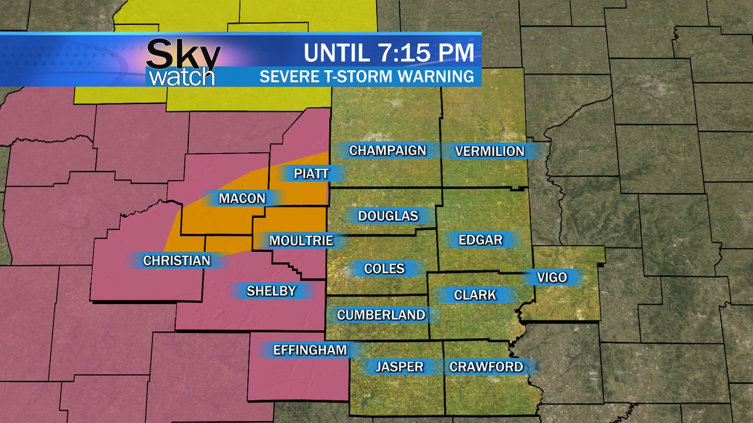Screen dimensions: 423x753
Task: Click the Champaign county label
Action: click(387, 150)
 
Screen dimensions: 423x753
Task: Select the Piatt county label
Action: click(311, 174)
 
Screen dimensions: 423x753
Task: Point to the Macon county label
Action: click(242, 199)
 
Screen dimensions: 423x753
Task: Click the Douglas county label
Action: click(388, 216)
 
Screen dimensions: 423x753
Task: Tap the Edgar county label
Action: click(481, 239)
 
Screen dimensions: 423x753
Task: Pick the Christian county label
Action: click(176, 261)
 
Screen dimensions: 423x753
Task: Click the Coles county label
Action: click(384, 269)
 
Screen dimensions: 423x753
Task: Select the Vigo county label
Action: click(552, 277)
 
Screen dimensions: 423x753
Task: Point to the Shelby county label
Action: click(271, 291)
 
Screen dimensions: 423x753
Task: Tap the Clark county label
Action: click(475, 295)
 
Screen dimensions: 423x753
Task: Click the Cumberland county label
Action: click(382, 315)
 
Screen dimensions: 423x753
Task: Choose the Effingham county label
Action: click(310, 350)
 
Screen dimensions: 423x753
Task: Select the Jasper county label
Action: click(400, 367)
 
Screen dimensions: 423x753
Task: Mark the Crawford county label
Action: click(486, 367)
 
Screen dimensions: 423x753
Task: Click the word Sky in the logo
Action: click(183, 55)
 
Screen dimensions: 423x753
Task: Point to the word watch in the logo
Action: click(182, 76)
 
